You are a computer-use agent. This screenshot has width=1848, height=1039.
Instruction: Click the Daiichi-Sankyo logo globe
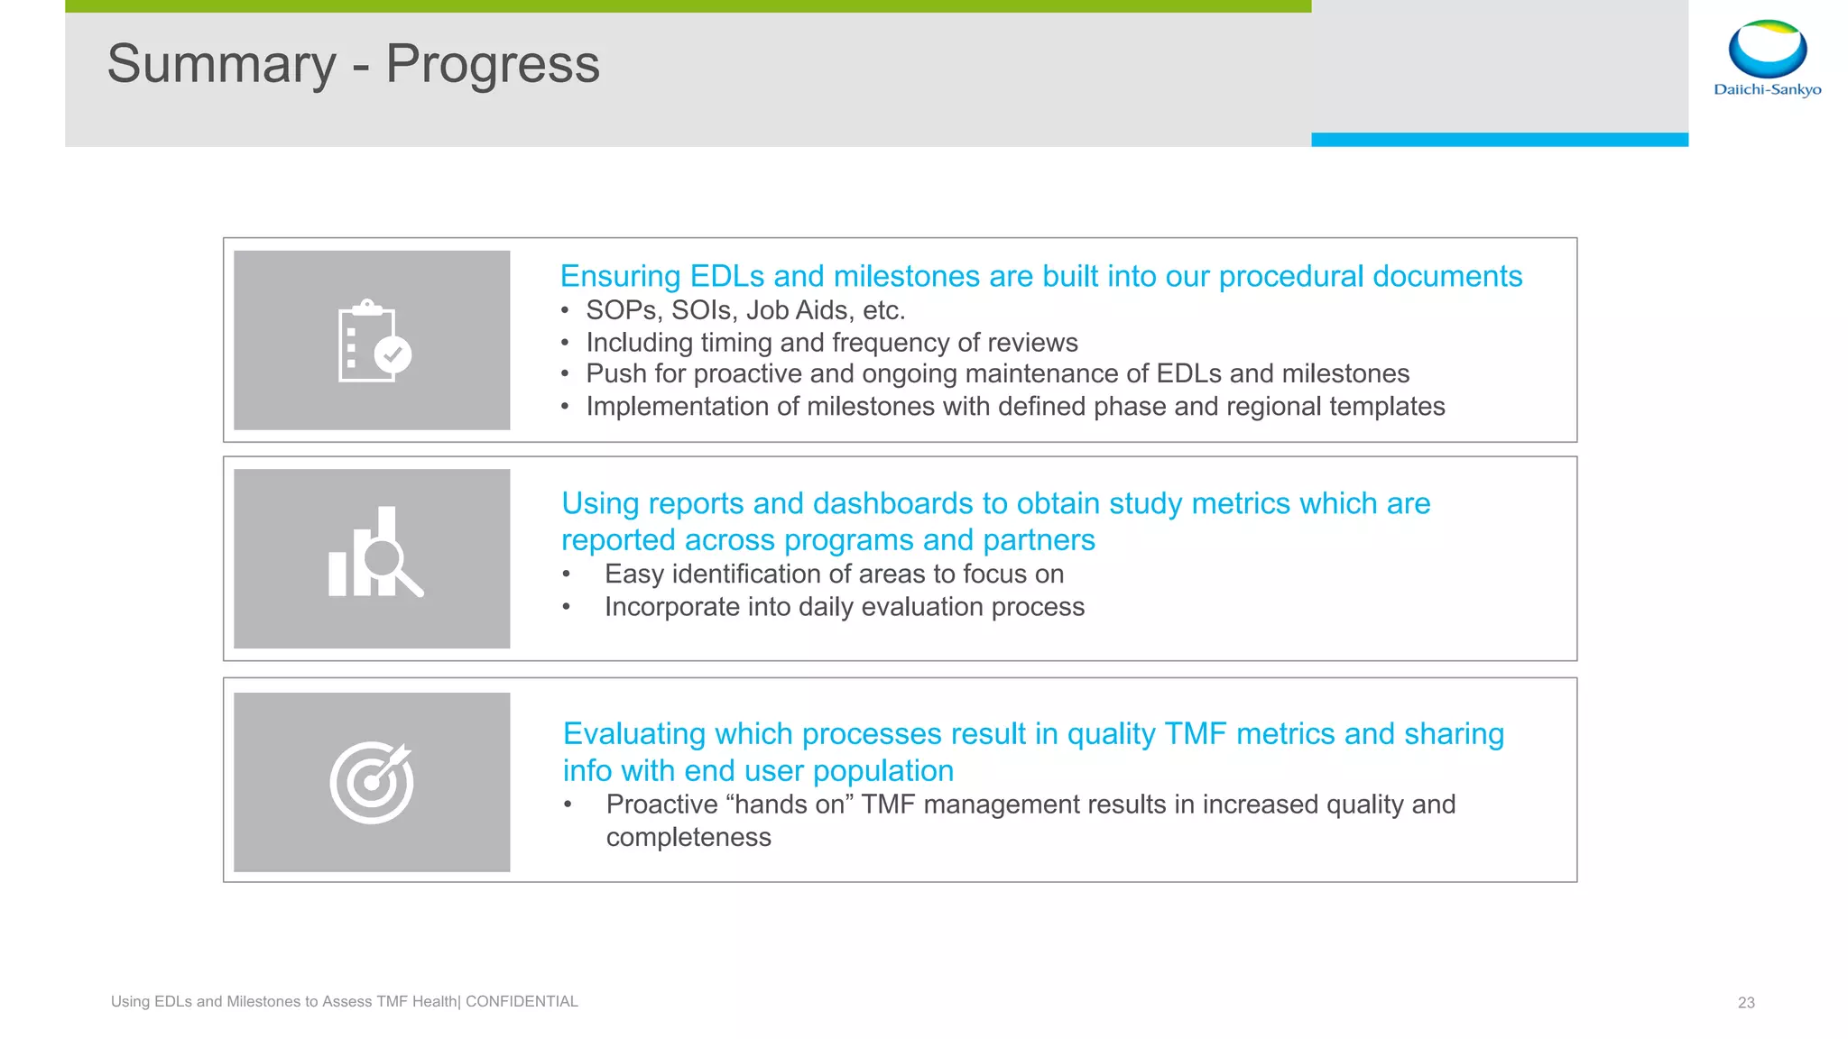pyautogui.click(x=1767, y=51)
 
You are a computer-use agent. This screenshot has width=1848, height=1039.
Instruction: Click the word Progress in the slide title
pyautogui.click(x=493, y=65)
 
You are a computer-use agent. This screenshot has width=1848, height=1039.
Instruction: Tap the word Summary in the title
pyautogui.click(x=222, y=65)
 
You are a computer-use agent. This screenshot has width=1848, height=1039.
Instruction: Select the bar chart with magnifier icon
pyautogui.click(x=374, y=553)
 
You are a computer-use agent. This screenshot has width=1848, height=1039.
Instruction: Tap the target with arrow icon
pyautogui.click(x=372, y=782)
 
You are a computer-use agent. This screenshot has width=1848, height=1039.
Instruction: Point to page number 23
pyautogui.click(x=1746, y=1002)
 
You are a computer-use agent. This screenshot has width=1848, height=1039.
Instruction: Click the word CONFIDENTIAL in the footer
pyautogui.click(x=522, y=1001)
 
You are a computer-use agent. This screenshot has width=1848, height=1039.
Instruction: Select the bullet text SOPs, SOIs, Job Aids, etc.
pyautogui.click(x=745, y=310)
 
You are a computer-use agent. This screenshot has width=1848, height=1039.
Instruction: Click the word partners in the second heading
pyautogui.click(x=1039, y=540)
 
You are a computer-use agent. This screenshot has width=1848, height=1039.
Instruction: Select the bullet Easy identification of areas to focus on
pyautogui.click(x=834, y=575)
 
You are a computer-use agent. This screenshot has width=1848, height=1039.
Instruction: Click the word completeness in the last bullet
pyautogui.click(x=688, y=838)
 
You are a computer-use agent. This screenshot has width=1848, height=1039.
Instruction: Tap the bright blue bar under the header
pyautogui.click(x=1499, y=140)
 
